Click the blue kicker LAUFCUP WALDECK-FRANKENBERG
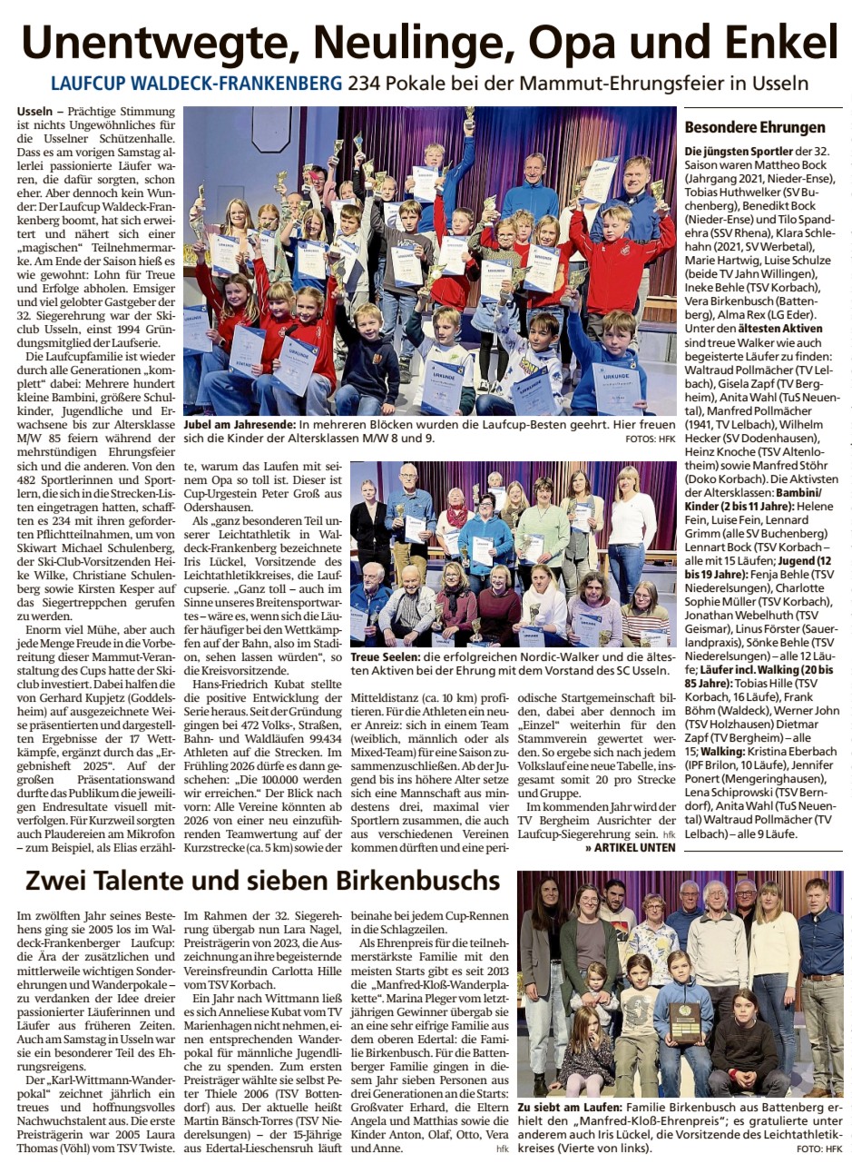pyautogui.click(x=196, y=84)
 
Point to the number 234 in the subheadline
pyautogui.click(x=367, y=84)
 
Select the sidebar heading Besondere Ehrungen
pyautogui.click(x=755, y=127)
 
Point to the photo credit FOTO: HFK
pyautogui.click(x=820, y=1148)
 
